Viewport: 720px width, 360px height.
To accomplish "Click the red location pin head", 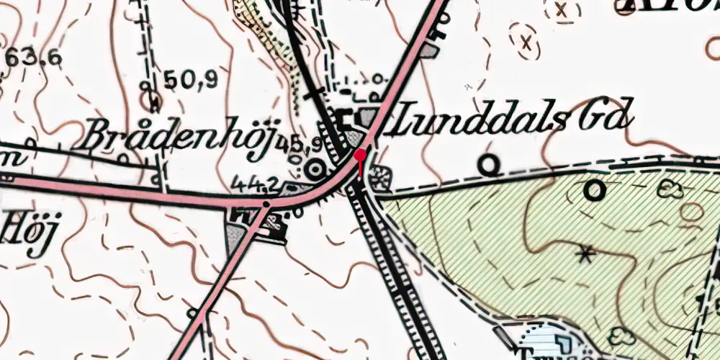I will point(360,155).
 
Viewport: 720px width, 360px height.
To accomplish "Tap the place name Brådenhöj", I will point(176,135).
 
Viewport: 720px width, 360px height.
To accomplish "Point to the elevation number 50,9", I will point(190,81).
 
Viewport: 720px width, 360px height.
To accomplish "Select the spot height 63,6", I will point(33,58).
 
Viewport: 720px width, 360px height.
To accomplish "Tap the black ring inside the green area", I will point(594,190).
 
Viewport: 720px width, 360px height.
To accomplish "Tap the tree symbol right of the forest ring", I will point(671,189).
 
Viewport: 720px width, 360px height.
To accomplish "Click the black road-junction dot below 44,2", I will point(266,204).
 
